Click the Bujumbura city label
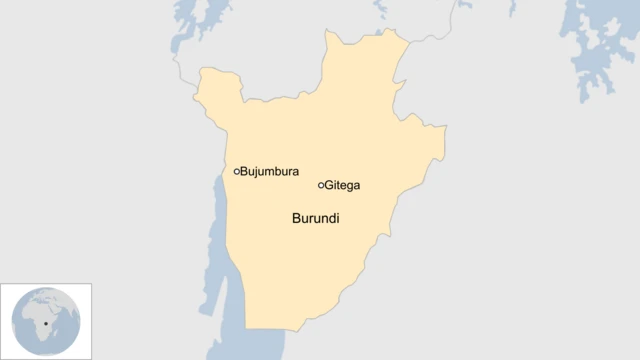tap(270, 172)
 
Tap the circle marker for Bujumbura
tap(237, 172)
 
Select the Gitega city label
tap(342, 185)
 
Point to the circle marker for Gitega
tap(321, 185)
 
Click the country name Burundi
tap(315, 218)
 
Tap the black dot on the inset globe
tap(46, 322)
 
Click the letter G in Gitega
tap(330, 185)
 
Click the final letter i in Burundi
tap(337, 218)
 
